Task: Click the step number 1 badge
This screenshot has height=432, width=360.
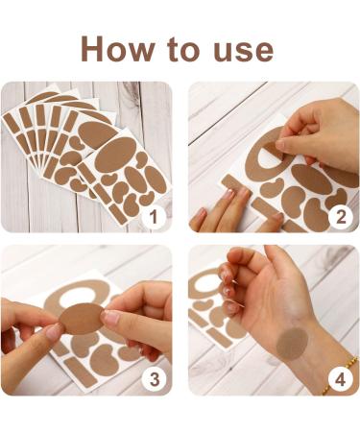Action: (155, 218)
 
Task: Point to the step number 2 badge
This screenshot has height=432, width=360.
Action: (341, 218)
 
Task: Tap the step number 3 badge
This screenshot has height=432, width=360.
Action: (155, 379)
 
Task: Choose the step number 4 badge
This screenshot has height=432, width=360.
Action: (341, 379)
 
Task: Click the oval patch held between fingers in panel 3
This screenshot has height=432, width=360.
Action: (83, 319)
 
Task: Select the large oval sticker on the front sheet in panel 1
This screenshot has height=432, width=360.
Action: (115, 155)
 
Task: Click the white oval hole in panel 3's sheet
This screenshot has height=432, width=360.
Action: (79, 295)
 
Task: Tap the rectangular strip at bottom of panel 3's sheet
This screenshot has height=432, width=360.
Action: (81, 372)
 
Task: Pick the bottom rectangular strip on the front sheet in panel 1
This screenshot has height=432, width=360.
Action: (117, 214)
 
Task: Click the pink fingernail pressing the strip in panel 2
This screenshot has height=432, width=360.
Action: (228, 195)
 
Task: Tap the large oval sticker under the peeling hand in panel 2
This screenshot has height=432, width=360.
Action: (311, 180)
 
